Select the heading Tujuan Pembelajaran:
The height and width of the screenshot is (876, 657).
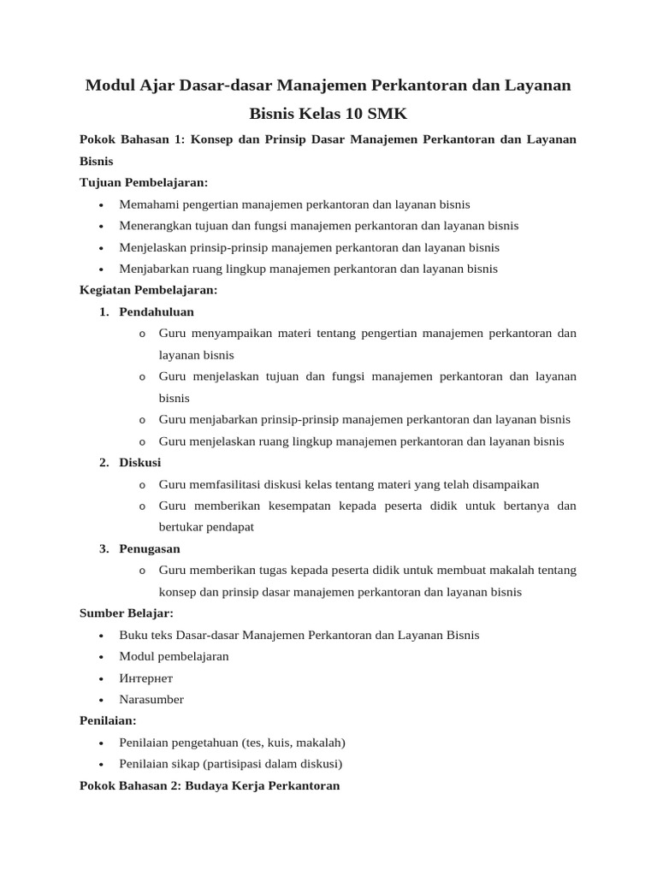(144, 183)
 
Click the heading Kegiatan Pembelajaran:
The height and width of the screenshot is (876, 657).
(148, 290)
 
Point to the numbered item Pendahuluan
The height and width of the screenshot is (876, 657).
(157, 311)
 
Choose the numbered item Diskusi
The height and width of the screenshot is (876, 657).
(140, 462)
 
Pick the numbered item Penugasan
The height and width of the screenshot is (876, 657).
(150, 548)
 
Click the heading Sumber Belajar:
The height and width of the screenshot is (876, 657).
(126, 613)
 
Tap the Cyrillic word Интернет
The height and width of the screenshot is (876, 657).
(146, 678)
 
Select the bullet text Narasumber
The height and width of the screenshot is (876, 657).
(151, 700)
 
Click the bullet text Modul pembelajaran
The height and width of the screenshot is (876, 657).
(175, 657)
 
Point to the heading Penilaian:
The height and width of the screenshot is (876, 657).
(108, 721)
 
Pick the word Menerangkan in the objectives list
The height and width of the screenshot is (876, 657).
(152, 226)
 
